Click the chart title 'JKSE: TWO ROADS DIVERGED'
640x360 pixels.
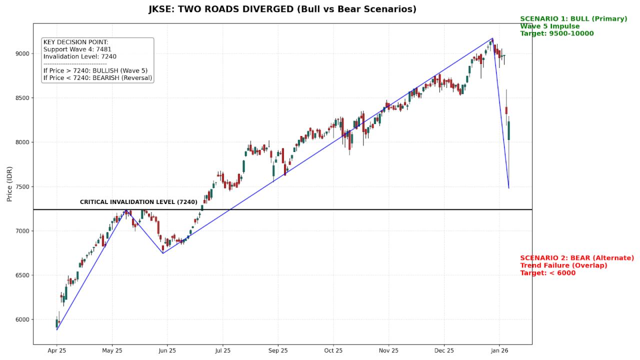(x=282, y=9)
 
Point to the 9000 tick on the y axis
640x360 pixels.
(x=21, y=53)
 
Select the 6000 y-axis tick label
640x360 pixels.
(x=21, y=319)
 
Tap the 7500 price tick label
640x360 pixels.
(x=21, y=186)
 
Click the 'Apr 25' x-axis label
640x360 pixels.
(x=56, y=351)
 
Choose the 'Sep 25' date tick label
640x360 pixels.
(x=278, y=351)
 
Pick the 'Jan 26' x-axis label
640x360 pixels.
(x=499, y=351)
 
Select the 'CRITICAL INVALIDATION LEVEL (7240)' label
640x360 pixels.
(x=138, y=202)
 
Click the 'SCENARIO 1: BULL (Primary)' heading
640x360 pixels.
(x=573, y=19)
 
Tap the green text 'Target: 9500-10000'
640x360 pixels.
(x=556, y=33)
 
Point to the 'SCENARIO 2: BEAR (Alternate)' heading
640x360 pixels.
(x=576, y=258)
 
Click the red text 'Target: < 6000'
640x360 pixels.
(x=547, y=273)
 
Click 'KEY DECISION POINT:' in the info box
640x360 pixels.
(x=75, y=42)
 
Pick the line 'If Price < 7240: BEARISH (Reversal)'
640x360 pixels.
(x=97, y=78)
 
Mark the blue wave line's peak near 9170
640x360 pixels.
(x=492, y=38)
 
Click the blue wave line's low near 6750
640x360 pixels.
(x=163, y=253)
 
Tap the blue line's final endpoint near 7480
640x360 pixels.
(x=508, y=188)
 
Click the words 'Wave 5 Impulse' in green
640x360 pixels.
(x=549, y=26)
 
